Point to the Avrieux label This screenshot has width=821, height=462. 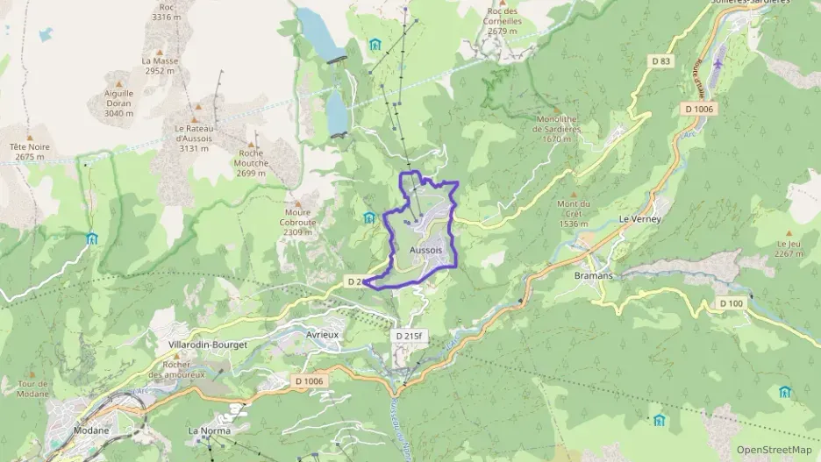point(323,335)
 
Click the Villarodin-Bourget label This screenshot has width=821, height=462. point(207,345)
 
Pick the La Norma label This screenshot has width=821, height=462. point(207,430)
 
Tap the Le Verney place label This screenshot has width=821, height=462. point(639,218)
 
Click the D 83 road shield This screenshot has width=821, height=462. point(660,60)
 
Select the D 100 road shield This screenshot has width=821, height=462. point(731,303)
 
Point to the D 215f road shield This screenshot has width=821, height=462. point(410,335)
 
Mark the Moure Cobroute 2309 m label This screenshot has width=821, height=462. point(298,222)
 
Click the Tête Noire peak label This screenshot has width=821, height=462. point(30,152)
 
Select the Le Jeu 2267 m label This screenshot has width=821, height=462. point(789,249)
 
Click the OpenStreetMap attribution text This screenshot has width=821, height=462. point(774,450)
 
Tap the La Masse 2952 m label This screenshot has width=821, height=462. point(161,66)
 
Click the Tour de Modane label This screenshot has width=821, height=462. point(32,388)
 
